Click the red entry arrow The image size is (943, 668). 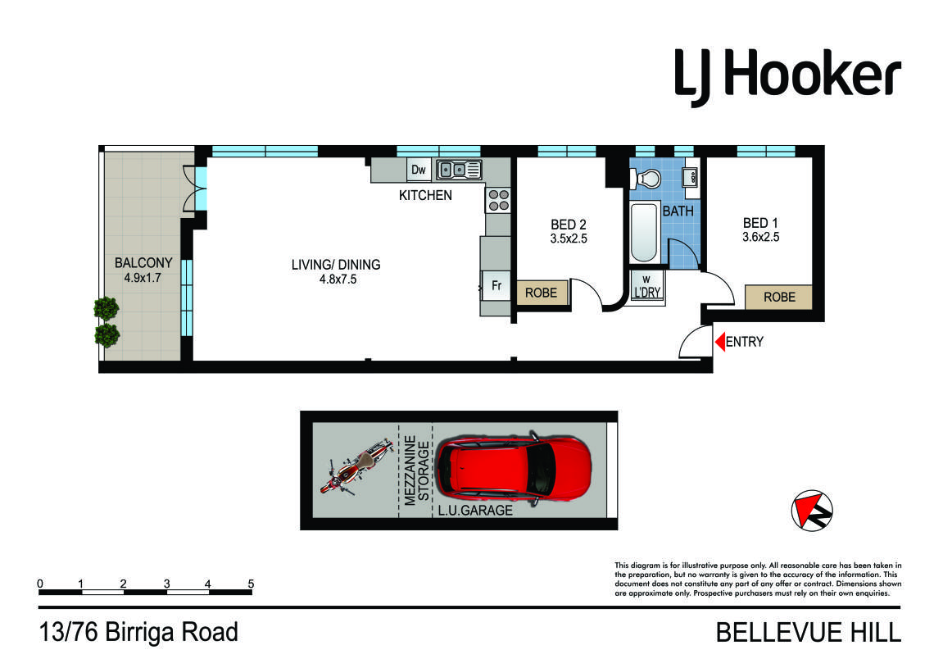[719, 342]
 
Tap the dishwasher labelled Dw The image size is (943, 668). [419, 170]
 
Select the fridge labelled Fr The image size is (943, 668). [496, 285]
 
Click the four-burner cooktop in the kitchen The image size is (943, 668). [498, 200]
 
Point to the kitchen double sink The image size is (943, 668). [460, 170]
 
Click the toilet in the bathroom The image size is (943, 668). [646, 179]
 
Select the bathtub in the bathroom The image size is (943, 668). [644, 232]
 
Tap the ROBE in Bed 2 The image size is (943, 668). [542, 293]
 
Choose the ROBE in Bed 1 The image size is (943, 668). [779, 298]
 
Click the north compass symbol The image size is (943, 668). [812, 511]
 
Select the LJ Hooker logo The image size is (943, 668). [787, 78]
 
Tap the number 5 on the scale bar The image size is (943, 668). [251, 584]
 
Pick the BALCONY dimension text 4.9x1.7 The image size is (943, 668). [143, 278]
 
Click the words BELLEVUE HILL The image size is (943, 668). [809, 633]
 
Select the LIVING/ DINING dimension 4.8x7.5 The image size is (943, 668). [338, 279]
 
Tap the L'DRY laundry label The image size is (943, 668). [647, 293]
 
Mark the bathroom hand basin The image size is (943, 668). [690, 178]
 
